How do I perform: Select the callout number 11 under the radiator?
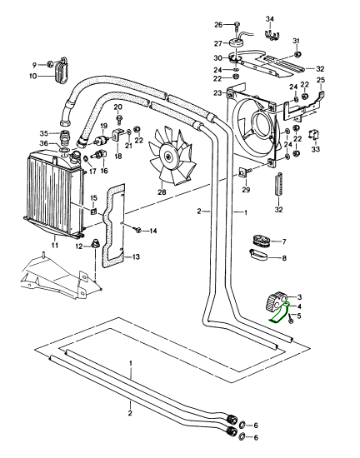(55, 245)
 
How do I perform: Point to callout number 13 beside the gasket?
(136, 257)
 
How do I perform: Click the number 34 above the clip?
(270, 19)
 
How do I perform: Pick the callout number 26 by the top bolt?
(218, 25)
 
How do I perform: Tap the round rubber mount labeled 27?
(237, 42)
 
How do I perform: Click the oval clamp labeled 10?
(62, 71)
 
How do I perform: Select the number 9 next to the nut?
(34, 65)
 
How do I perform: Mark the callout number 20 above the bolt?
(117, 107)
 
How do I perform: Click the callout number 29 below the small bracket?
(246, 190)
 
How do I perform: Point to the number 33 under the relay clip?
(316, 149)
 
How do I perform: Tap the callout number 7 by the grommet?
(284, 241)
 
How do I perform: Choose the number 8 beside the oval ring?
(284, 258)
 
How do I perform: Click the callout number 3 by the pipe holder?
(299, 297)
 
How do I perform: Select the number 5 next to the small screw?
(298, 316)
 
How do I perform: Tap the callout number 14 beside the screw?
(153, 231)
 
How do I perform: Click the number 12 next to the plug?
(79, 246)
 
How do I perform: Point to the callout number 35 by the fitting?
(44, 134)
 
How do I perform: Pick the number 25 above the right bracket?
(321, 80)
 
